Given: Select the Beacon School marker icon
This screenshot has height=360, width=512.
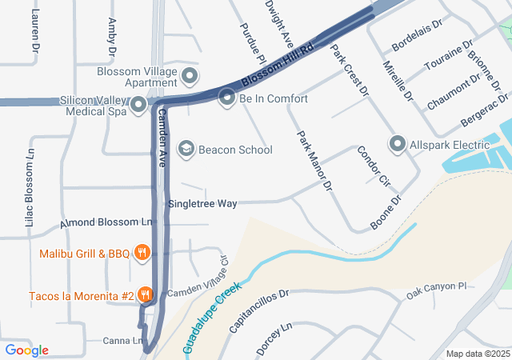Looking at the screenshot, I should click(186, 149).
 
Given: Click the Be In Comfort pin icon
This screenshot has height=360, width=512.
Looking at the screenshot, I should click(227, 98).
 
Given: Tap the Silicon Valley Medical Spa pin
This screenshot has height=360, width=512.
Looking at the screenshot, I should click(138, 105).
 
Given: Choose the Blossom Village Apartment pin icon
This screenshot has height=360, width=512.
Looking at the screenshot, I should click(190, 77).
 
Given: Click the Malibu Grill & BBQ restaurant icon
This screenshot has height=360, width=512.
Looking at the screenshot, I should click(142, 254).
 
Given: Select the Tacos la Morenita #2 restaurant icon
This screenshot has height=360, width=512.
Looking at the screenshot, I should click(146, 295).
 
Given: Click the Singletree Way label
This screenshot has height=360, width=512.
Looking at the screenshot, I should click(202, 204).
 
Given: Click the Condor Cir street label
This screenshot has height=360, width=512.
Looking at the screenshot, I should click(372, 164).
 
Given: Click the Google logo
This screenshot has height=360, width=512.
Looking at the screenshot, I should click(26, 350).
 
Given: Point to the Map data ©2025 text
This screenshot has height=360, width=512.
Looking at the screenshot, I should click(478, 354).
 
